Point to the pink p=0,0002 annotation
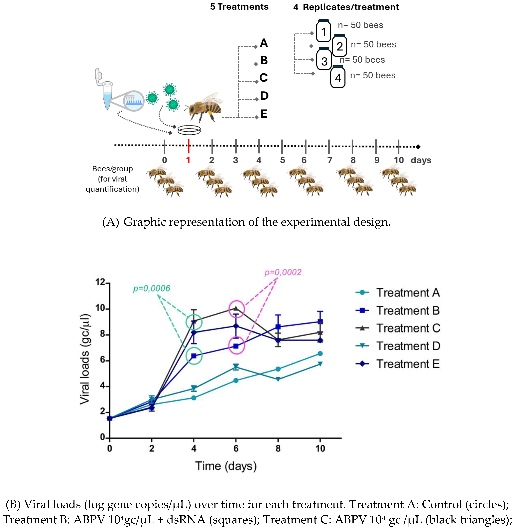click(x=283, y=272)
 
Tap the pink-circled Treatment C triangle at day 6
click(x=236, y=308)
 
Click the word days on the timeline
click(x=421, y=160)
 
